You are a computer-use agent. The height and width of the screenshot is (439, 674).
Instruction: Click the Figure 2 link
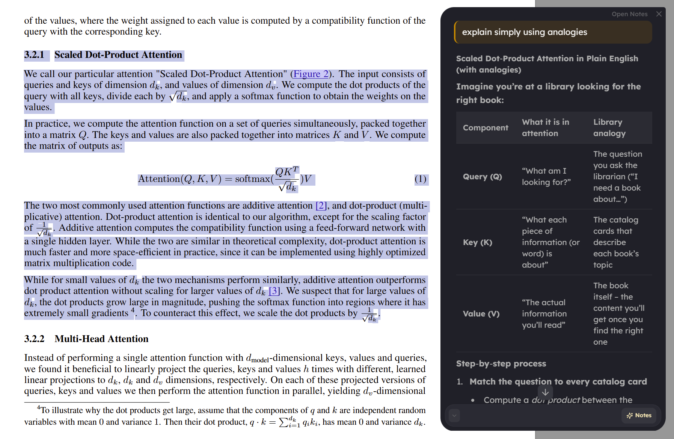point(311,74)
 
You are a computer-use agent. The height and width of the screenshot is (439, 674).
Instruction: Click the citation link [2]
point(321,206)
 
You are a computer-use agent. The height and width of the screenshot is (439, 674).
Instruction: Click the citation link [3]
point(274,291)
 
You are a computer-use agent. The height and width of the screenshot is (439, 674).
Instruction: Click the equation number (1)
point(420,179)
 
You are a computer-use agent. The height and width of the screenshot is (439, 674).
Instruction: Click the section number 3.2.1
point(34,55)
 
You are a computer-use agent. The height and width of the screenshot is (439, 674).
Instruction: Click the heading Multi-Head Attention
point(101,339)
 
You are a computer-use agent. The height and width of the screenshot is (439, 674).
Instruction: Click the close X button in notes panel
point(659,14)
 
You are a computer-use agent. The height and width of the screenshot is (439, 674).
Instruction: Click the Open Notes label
point(629,14)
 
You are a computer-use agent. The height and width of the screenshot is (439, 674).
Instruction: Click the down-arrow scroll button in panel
point(545,392)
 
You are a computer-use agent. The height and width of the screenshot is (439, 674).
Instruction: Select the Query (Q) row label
point(482,177)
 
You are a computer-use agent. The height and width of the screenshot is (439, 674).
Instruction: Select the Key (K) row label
point(477,242)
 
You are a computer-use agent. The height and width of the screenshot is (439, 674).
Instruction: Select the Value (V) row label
point(481,314)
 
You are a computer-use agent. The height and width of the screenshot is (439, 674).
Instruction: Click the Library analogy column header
point(609,128)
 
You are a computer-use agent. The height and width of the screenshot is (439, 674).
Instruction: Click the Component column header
point(485,128)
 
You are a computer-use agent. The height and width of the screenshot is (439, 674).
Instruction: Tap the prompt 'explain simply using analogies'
point(524,32)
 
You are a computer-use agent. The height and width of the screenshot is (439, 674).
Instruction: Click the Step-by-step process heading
point(501,363)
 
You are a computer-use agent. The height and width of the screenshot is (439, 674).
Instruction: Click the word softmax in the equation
point(252,179)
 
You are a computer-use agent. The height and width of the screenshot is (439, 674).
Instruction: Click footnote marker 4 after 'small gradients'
point(133,310)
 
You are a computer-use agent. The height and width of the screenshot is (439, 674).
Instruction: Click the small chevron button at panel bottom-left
point(454,415)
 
